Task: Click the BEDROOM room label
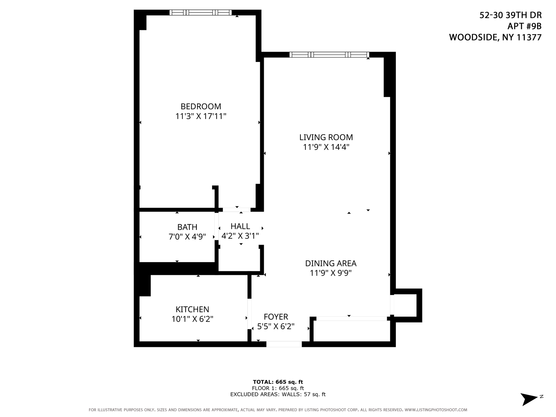point(201,106)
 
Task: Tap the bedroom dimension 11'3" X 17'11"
point(201,116)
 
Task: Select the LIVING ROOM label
point(326,137)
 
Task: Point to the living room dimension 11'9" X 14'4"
point(326,147)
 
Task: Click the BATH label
point(187,227)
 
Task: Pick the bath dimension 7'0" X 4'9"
point(187,236)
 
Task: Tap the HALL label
point(240,226)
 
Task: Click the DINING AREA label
point(331,263)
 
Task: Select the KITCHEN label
point(192,309)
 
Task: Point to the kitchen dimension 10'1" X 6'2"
point(192,319)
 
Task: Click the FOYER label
point(276,317)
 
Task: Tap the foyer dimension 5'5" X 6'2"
point(276,326)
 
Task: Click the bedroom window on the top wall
point(200,12)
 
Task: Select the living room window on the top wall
point(329,54)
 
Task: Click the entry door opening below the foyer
point(284,344)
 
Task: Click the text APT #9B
point(524,26)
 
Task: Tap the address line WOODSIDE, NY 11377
point(495,37)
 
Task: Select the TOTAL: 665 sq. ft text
point(278,382)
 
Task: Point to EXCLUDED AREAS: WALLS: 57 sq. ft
point(278,394)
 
